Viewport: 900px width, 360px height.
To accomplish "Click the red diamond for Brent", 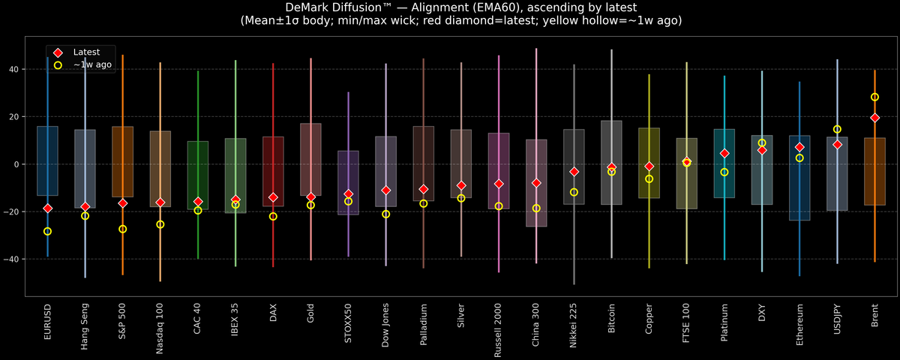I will point(874,118).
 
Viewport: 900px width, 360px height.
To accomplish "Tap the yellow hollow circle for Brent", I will point(874,97).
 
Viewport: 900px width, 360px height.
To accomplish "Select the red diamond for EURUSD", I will point(48,208).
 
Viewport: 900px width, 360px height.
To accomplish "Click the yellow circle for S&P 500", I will point(123,229).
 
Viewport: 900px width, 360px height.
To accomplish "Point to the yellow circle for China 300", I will point(536,208).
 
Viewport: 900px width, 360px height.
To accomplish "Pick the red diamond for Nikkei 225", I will point(574,172).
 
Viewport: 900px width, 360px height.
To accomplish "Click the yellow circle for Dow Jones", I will point(385,214).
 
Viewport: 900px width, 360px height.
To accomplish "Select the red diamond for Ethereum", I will point(799,147).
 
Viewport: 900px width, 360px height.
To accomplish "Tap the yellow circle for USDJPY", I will point(837,129).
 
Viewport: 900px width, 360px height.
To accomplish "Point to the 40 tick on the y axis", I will point(16,70).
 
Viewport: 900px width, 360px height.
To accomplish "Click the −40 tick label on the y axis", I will point(13,259).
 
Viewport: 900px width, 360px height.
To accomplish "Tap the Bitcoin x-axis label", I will point(611,319).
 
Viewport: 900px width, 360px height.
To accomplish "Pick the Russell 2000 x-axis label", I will point(499,327).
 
